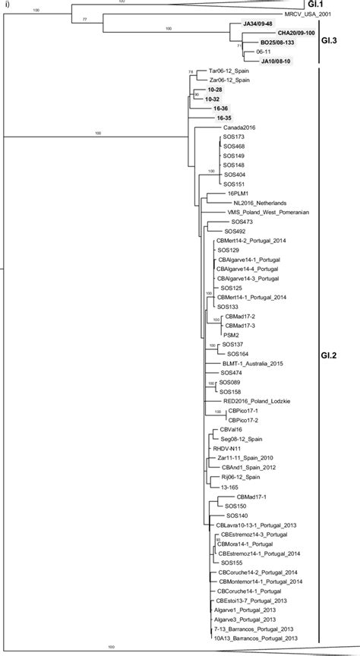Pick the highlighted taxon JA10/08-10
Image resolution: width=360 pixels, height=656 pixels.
pyautogui.click(x=279, y=61)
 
